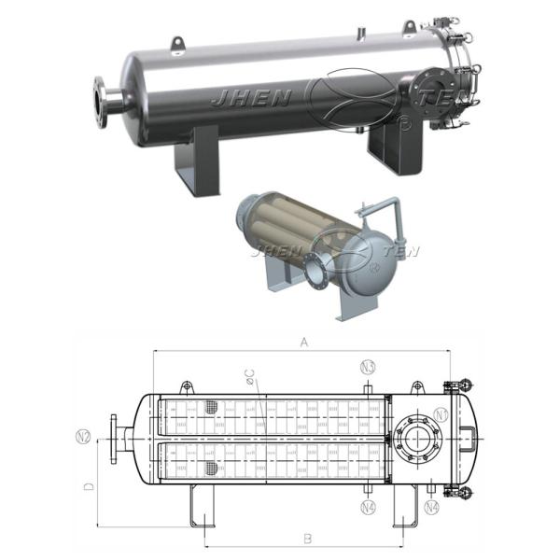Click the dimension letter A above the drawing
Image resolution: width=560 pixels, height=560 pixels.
(303, 343)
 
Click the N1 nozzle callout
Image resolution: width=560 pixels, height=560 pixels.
(442, 413)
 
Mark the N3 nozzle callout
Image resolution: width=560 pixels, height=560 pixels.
(369, 366)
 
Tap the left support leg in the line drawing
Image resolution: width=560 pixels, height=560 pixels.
(202, 506)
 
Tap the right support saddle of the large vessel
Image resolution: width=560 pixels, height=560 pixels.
(387, 149)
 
